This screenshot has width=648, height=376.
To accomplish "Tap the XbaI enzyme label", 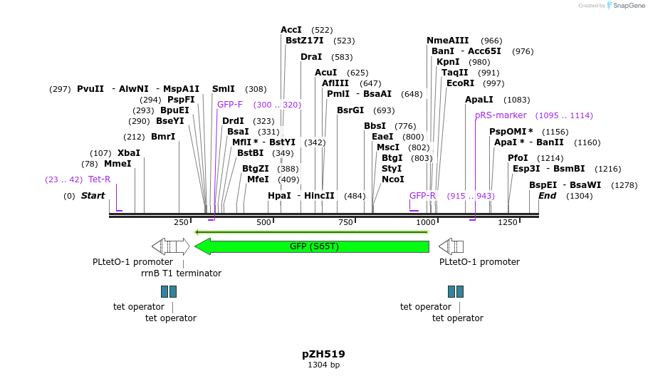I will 129,153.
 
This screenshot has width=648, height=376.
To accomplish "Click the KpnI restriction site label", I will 448,62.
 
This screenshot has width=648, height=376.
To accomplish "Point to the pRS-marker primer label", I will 501,115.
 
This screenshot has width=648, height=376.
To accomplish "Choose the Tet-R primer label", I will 100,179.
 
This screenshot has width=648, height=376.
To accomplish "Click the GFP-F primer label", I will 230,105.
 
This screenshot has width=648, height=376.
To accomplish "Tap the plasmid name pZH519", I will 323,353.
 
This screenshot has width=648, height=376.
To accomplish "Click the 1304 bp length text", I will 323,365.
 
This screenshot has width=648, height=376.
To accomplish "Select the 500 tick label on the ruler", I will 264,223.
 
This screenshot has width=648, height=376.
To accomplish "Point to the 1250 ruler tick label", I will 507,223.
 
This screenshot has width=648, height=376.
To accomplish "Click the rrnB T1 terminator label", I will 181,273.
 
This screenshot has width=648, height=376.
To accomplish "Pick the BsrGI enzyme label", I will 350,110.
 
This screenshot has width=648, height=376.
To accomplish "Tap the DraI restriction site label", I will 311,57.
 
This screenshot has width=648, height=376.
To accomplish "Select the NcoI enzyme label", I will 392,179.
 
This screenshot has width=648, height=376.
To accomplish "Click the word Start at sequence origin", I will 93,196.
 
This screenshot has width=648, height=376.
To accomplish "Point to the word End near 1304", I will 547,196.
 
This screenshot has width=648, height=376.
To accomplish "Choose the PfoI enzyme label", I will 518,158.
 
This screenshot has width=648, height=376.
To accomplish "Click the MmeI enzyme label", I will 117,164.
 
